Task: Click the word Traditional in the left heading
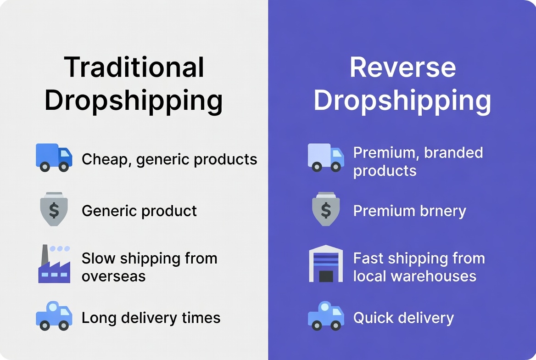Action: click(134, 67)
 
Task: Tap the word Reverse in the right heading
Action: click(402, 67)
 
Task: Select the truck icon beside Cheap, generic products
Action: click(54, 157)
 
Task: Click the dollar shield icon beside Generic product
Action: click(54, 209)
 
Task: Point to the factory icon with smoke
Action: click(54, 264)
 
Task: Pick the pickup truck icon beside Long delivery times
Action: click(54, 316)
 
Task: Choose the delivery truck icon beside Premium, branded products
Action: click(325, 157)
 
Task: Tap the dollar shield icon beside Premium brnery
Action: click(326, 209)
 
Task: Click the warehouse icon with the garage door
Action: click(326, 264)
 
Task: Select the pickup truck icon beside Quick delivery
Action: click(325, 316)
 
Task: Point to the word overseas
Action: click(113, 276)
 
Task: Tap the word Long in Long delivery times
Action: click(96, 318)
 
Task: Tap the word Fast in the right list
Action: click(368, 258)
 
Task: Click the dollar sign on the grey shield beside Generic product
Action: click(54, 210)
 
